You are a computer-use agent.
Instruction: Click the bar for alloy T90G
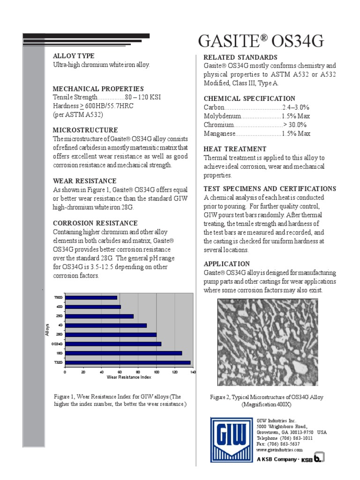point(91,297)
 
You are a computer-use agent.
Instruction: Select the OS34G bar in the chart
point(113,344)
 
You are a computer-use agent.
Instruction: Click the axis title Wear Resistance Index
point(129,377)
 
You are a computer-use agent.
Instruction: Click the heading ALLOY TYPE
point(74,56)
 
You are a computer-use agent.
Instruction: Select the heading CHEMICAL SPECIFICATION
point(249,98)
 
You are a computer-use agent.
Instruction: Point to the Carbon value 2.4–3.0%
point(296,107)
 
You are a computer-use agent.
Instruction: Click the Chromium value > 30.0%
point(295,125)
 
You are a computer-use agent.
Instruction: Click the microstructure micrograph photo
point(268,342)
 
